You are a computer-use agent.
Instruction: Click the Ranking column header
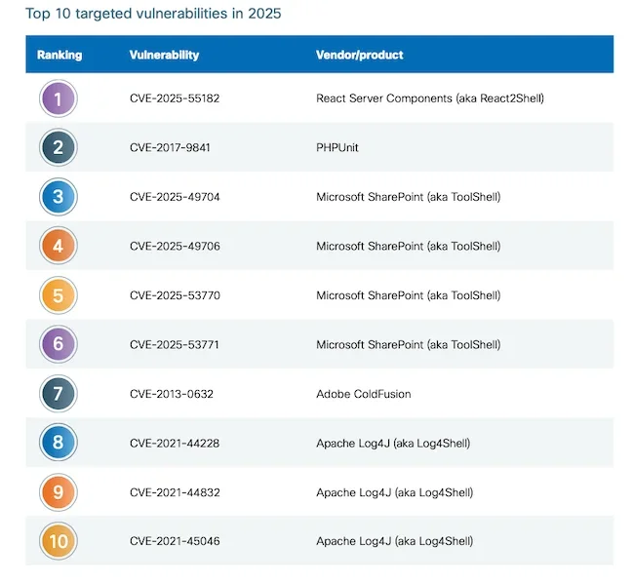pyautogui.click(x=59, y=55)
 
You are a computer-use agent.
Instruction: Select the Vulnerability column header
pyautogui.click(x=164, y=55)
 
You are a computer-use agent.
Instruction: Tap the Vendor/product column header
pyautogui.click(x=360, y=55)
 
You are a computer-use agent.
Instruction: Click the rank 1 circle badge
pyautogui.click(x=58, y=98)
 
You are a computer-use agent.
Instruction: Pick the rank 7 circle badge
pyautogui.click(x=58, y=394)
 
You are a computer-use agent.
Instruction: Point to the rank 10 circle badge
pyautogui.click(x=58, y=541)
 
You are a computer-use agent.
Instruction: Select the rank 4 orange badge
pyautogui.click(x=58, y=246)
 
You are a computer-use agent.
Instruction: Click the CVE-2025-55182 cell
pyautogui.click(x=175, y=98)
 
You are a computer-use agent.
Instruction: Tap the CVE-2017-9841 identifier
pyautogui.click(x=170, y=148)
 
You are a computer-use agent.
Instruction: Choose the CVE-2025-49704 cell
pyautogui.click(x=175, y=197)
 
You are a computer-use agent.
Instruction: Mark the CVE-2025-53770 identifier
pyautogui.click(x=175, y=295)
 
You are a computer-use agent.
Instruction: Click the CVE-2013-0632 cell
pyautogui.click(x=172, y=394)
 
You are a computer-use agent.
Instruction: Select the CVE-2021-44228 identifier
pyautogui.click(x=175, y=444)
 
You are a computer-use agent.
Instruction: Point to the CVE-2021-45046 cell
pyautogui.click(x=175, y=542)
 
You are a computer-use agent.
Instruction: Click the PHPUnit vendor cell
pyautogui.click(x=337, y=148)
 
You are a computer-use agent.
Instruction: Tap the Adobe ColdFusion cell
pyautogui.click(x=364, y=394)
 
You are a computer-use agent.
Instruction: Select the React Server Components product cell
pyautogui.click(x=429, y=98)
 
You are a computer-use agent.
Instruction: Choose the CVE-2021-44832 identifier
pyautogui.click(x=175, y=492)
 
